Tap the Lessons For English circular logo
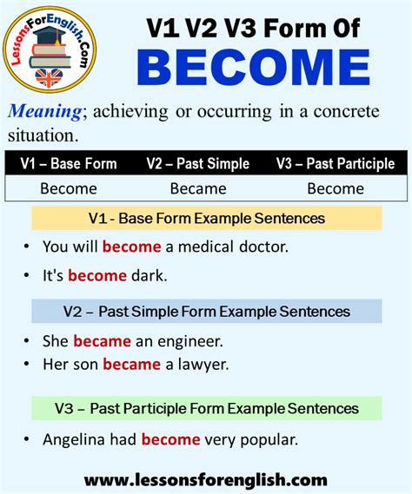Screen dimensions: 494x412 pos(55,52)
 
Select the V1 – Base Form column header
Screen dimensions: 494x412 pos(69,163)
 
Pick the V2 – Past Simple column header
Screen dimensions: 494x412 pos(197,163)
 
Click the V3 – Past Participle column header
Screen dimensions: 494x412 pos(336,163)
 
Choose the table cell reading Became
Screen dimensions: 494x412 pos(197,188)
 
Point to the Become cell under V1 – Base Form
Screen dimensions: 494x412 pos(69,188)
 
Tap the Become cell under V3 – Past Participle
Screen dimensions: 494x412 pos(336,188)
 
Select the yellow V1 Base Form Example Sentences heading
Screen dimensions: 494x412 pos(206,218)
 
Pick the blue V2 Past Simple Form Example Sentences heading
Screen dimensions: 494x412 pos(206,311)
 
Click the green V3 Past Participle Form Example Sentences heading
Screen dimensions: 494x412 pos(206,407)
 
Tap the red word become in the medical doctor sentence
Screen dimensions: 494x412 pos(131,246)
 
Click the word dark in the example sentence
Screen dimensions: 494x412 pos(150,276)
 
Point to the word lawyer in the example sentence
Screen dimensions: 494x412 pos(205,365)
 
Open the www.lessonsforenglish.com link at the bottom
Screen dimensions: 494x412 pos(206,479)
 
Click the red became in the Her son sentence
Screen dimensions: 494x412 pos(131,365)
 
